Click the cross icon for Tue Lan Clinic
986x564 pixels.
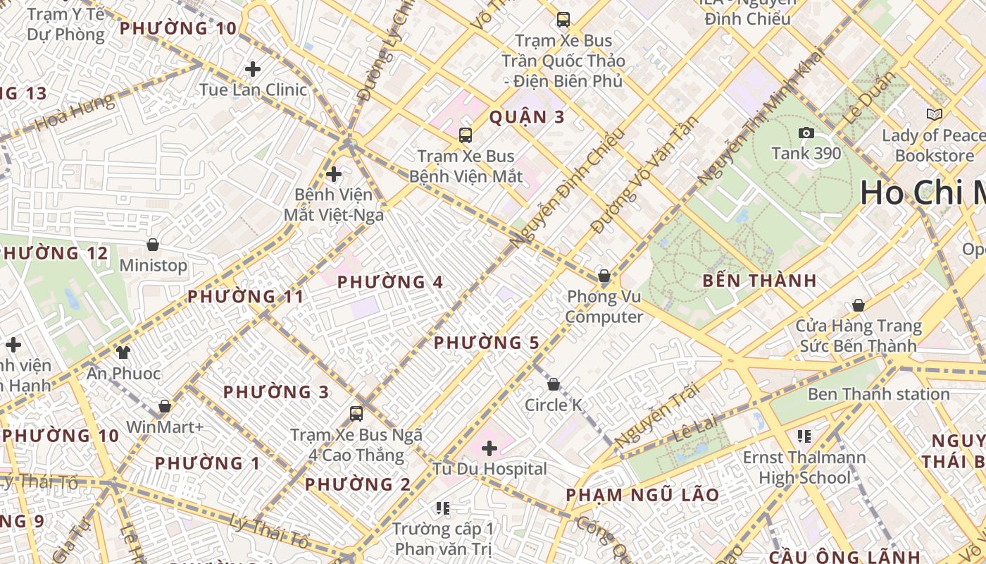point(253,69)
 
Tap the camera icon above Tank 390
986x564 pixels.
point(806,133)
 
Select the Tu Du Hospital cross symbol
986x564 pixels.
point(489,448)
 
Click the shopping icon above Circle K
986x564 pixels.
point(554,384)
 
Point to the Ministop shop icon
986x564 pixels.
point(153,245)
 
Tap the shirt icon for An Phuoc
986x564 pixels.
point(123,352)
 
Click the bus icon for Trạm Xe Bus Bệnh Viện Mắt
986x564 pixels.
point(465,135)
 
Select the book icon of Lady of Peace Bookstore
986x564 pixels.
point(935,114)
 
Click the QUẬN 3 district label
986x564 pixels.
point(527,117)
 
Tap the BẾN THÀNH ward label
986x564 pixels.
point(759,281)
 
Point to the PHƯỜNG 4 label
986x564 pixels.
point(389,283)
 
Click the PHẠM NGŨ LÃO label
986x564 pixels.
point(642,495)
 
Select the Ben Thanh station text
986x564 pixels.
point(878,394)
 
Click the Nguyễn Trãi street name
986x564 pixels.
point(656,416)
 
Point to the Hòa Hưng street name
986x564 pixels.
point(74,114)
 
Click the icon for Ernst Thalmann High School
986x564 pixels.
point(804,436)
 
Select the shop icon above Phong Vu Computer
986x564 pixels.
point(604,276)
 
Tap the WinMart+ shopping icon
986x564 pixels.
point(165,406)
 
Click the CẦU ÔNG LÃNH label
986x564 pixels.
point(844,556)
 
